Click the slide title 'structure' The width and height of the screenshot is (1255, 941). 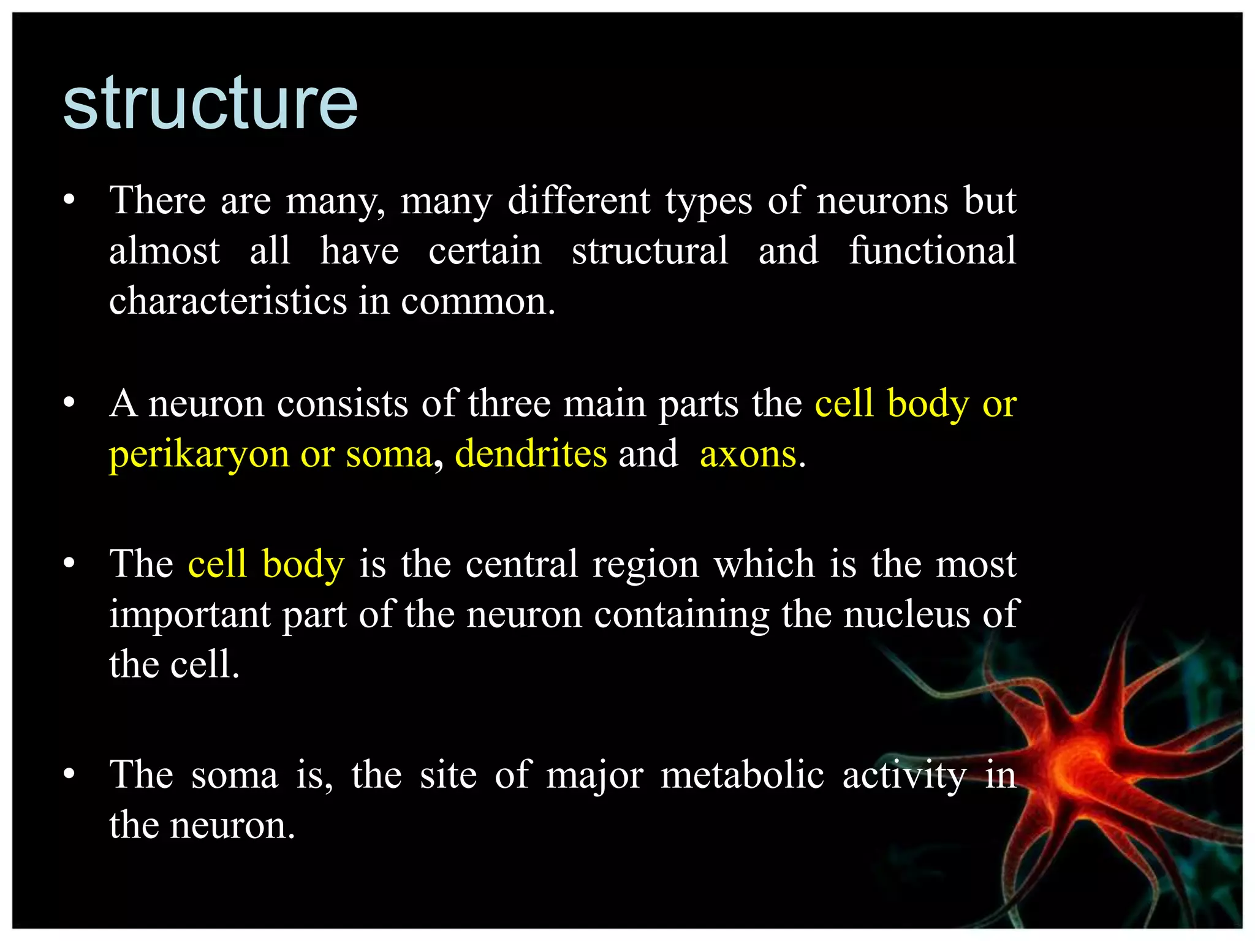pyautogui.click(x=210, y=104)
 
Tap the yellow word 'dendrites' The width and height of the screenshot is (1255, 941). pyautogui.click(x=531, y=454)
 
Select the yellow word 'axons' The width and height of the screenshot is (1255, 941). pyautogui.click(x=748, y=455)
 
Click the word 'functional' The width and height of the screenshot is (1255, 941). pyautogui.click(x=932, y=251)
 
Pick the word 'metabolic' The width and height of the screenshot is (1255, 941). pyautogui.click(x=741, y=775)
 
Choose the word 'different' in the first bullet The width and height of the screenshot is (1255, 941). pyautogui.click(x=578, y=201)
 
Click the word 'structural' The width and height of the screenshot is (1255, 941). pyautogui.click(x=650, y=251)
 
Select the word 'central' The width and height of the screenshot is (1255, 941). pyautogui.click(x=521, y=564)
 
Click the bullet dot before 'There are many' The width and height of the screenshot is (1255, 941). pyautogui.click(x=69, y=200)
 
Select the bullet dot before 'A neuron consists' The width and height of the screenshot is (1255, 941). pyautogui.click(x=69, y=403)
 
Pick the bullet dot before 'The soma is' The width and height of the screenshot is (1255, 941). pyautogui.click(x=69, y=774)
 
